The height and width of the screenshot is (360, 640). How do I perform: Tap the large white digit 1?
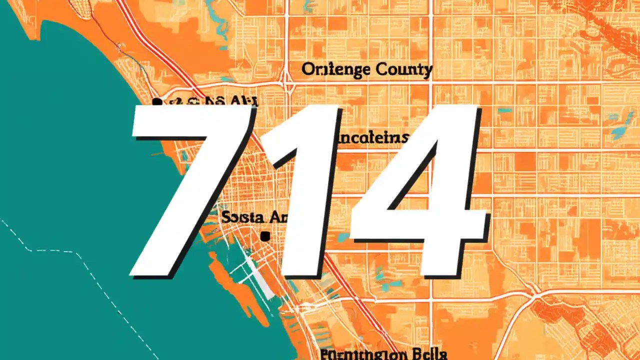pos(305,190)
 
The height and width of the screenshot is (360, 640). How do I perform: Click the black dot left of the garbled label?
pos(156,102)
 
